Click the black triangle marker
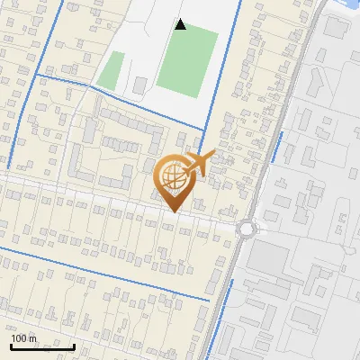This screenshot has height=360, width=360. (181, 24)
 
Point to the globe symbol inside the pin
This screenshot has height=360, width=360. (172, 179)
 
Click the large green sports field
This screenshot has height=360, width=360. (187, 60)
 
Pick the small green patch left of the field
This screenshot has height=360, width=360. (111, 71)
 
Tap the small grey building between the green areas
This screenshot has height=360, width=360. (140, 85)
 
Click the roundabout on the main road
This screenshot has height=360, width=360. (247, 228)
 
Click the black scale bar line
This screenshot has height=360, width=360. (42, 346)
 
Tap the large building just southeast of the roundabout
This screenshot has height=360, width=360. (269, 260)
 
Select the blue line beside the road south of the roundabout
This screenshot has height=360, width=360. (224, 306)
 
